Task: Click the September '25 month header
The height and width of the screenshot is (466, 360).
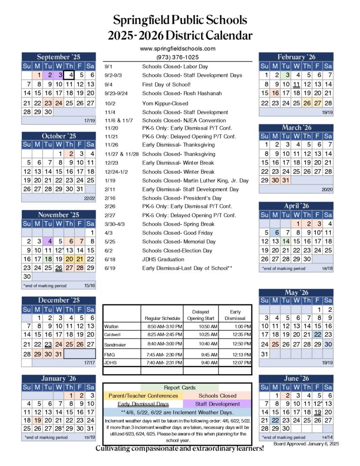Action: pyautogui.click(x=58, y=57)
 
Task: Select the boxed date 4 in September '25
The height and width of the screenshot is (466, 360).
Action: pyautogui.click(x=70, y=75)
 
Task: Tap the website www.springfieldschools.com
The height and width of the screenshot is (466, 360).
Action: pyautogui.click(x=177, y=49)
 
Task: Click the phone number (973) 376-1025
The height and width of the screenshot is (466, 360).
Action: pyautogui.click(x=177, y=57)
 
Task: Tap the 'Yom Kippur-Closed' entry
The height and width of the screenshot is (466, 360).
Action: pyautogui.click(x=165, y=103)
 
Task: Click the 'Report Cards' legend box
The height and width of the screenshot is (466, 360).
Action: pyautogui.click(x=180, y=388)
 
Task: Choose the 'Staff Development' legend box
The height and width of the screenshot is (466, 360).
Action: pyautogui.click(x=218, y=404)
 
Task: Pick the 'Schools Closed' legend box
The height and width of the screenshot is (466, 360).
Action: pyautogui.click(x=218, y=396)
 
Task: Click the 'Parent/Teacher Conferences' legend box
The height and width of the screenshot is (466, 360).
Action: pyautogui.click(x=143, y=396)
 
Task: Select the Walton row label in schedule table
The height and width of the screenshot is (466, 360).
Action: pyautogui.click(x=111, y=327)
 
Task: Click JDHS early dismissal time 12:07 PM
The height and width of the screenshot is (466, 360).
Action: pyautogui.click(x=234, y=363)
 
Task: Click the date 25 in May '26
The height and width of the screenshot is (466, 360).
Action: pyautogui.click(x=275, y=344)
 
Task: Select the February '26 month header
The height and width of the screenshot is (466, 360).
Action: pyautogui.click(x=296, y=57)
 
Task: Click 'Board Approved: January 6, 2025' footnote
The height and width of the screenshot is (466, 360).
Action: pyautogui.click(x=307, y=443)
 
